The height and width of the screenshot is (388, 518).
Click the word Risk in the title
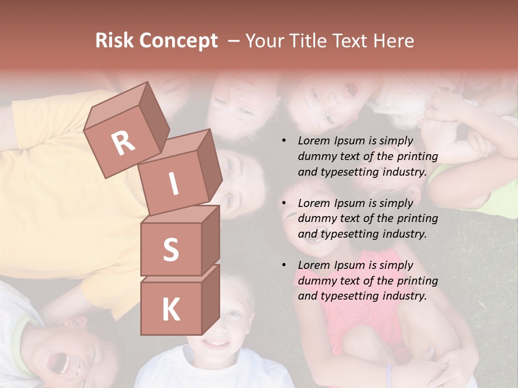coord(114,41)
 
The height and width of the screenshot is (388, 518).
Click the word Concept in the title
coord(178,41)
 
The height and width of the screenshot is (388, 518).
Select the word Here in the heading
coord(394,41)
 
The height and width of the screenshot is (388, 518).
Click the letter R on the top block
coord(123,142)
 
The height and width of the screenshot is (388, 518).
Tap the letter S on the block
coord(171,250)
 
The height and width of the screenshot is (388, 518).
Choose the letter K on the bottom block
coord(171,310)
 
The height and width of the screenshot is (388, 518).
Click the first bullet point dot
coord(284,141)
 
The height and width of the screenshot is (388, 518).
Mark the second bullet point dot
coord(284,203)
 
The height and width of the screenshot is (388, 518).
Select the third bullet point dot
coord(284,265)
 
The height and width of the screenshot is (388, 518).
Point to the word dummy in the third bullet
coord(314,281)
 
